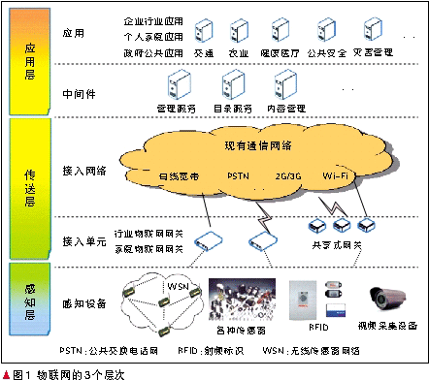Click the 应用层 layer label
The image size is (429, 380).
click(x=29, y=58)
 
